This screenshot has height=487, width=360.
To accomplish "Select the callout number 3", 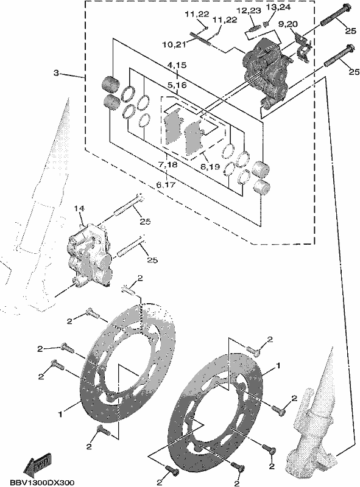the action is click(x=55, y=73).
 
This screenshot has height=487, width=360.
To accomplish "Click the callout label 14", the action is click(x=79, y=208).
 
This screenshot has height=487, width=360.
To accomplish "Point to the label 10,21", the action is click(x=174, y=44).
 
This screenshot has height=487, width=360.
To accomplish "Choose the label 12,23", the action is click(x=248, y=10).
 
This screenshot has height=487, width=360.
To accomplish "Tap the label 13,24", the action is click(x=278, y=7).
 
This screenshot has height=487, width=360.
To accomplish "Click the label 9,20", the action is click(x=288, y=24).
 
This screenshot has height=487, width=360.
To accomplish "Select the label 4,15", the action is click(x=177, y=65).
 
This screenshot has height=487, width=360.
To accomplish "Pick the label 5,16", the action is click(x=177, y=85).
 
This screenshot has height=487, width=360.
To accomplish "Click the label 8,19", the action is click(x=210, y=167).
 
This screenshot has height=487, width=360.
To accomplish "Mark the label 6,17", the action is click(x=166, y=185).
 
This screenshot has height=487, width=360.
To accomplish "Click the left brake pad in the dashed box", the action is click(x=172, y=127).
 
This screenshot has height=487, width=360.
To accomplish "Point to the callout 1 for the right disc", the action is click(x=278, y=366).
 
